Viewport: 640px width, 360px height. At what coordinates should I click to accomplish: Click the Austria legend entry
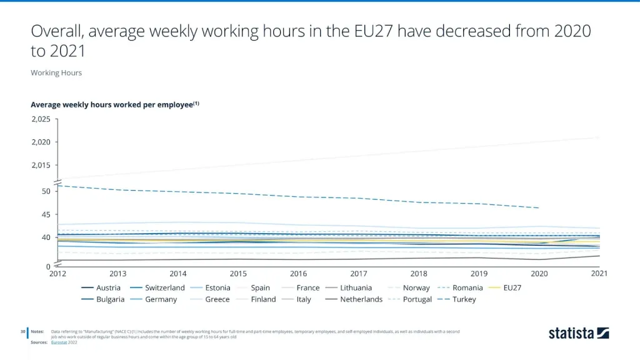[108, 288]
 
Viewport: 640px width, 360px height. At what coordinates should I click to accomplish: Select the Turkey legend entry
[464, 299]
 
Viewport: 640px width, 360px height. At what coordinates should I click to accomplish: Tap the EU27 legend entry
[512, 288]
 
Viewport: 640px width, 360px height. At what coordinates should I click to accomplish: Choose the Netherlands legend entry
[361, 299]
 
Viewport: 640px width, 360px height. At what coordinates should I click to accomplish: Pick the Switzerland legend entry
[165, 288]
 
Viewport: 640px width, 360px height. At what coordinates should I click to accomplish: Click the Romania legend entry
[467, 288]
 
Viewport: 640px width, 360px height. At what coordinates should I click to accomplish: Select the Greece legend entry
[217, 299]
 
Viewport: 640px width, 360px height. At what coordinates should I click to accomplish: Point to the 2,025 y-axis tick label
[41, 119]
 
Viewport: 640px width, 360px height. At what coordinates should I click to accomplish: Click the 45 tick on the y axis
[46, 214]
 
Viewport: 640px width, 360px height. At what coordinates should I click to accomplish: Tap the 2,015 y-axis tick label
[41, 166]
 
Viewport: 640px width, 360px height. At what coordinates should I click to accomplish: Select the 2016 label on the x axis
[299, 273]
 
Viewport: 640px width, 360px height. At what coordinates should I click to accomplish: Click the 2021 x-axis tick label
[599, 273]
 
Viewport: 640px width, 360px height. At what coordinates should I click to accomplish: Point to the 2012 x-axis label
[57, 273]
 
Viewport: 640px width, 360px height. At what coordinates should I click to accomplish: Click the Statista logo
[579, 333]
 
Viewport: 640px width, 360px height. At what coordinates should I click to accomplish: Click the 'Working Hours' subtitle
[56, 72]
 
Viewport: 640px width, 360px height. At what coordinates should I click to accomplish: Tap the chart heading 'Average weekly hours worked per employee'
[112, 105]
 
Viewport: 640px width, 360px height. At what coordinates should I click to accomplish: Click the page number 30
[22, 331]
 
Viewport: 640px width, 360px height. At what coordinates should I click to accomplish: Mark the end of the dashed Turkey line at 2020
[539, 207]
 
